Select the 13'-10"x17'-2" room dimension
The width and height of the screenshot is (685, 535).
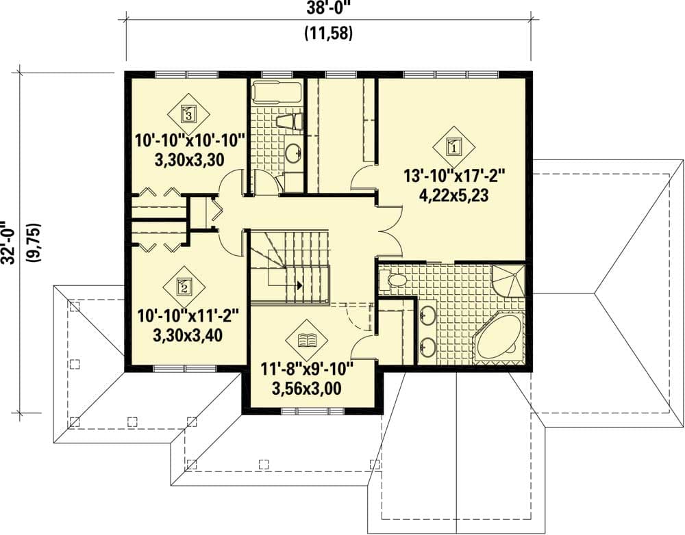point(454,176)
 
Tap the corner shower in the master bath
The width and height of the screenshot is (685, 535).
point(508,280)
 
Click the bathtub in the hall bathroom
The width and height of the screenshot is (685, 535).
point(277,91)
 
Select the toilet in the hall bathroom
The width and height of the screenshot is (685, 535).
point(289,122)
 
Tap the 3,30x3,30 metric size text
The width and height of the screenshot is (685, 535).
point(190,159)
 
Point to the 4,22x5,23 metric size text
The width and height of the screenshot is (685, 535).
point(454,194)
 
